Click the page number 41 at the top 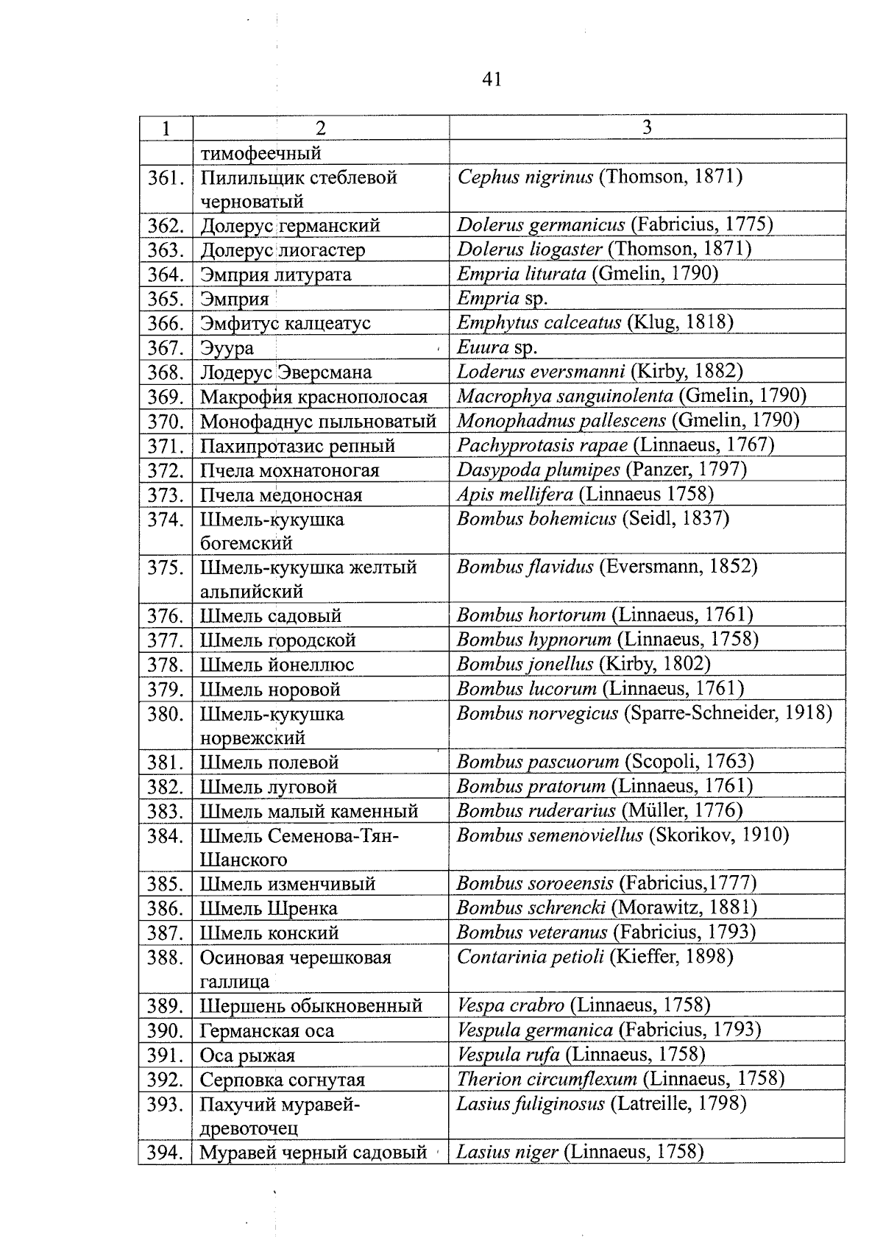pos(492,79)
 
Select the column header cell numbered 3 pos(647,127)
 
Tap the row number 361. pos(166,178)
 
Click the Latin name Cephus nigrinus pos(525,177)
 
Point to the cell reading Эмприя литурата pos(275,275)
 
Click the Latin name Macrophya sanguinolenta pos(564,396)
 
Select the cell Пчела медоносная pos(281,495)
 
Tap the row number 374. pos(166,520)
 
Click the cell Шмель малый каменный pos(309,812)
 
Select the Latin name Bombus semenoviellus pos(550,835)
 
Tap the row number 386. pos(166,909)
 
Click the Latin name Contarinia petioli pos(530,957)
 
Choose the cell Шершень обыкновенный pos(311,1006)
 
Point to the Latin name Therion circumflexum pos(547,1079)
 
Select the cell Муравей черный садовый pos(313,1153)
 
